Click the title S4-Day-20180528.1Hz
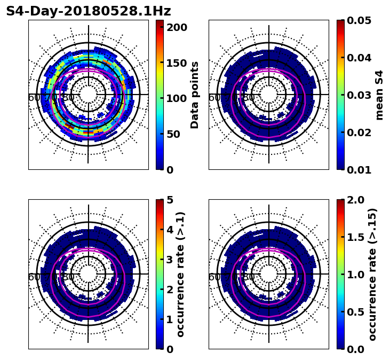(x=89, y=11)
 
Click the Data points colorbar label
(x=195, y=95)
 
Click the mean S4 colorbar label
(x=379, y=95)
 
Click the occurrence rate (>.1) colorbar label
(x=181, y=275)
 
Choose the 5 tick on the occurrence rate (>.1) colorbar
(x=169, y=200)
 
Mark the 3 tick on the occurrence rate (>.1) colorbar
(x=169, y=260)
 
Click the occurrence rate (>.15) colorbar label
(x=372, y=275)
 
